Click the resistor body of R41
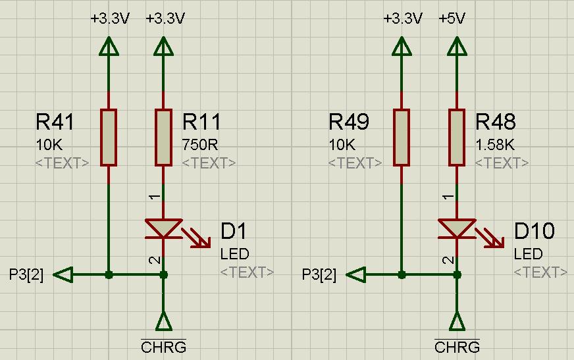pyautogui.click(x=109, y=138)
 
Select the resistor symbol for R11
pyautogui.click(x=164, y=138)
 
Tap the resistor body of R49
pyautogui.click(x=402, y=138)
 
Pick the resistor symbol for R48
pyautogui.click(x=457, y=138)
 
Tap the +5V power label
pyautogui.click(x=452, y=18)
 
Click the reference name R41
pyautogui.click(x=55, y=122)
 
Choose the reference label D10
pyautogui.click(x=534, y=231)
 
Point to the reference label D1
pyautogui.click(x=234, y=231)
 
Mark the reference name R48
pyautogui.click(x=496, y=122)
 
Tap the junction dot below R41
pyautogui.click(x=109, y=274)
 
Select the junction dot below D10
pyautogui.click(x=457, y=274)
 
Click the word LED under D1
pyautogui.click(x=234, y=254)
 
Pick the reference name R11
pyautogui.click(x=201, y=122)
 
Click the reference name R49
pyautogui.click(x=348, y=122)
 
